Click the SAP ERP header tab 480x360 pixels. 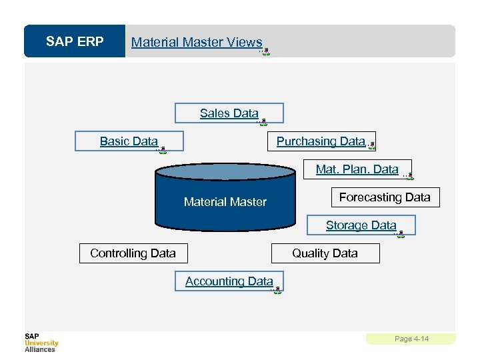click(75, 42)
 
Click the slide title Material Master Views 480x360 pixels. click(197, 42)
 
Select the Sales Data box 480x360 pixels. click(229, 113)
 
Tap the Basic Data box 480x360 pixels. click(129, 141)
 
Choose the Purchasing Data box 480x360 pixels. click(321, 141)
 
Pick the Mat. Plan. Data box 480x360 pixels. click(357, 169)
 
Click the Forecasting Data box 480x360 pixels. click(385, 197)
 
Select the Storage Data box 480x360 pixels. click(361, 225)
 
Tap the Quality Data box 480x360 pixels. click(325, 253)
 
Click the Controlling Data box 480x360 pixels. click(133, 253)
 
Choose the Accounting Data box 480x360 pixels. click(229, 281)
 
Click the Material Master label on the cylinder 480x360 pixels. click(225, 202)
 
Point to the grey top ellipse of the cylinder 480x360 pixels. click(225, 173)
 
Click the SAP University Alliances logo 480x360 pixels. click(41, 343)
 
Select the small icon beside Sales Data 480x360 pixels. click(263, 122)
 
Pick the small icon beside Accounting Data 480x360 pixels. click(277, 290)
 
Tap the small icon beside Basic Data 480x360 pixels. click(162, 150)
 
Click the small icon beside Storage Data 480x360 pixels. click(400, 234)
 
